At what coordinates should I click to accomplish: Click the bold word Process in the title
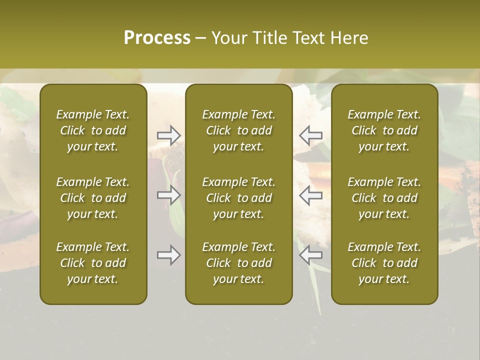157,38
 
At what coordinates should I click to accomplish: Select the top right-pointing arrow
168,135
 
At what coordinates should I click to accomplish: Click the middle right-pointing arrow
168,195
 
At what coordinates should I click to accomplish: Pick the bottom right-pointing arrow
168,255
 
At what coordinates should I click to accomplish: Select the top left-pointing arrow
311,135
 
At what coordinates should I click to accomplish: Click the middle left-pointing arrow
311,195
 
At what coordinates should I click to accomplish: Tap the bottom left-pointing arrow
311,255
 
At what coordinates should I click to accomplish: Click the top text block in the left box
93,130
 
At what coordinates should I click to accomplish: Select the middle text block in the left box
93,198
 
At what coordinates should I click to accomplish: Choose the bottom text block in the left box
93,263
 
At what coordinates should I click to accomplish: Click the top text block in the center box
238,130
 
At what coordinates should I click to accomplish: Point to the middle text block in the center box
238,198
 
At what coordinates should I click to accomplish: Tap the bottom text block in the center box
238,263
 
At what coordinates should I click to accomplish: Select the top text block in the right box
384,130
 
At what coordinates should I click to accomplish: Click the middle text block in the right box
384,198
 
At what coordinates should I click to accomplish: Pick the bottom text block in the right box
384,263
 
